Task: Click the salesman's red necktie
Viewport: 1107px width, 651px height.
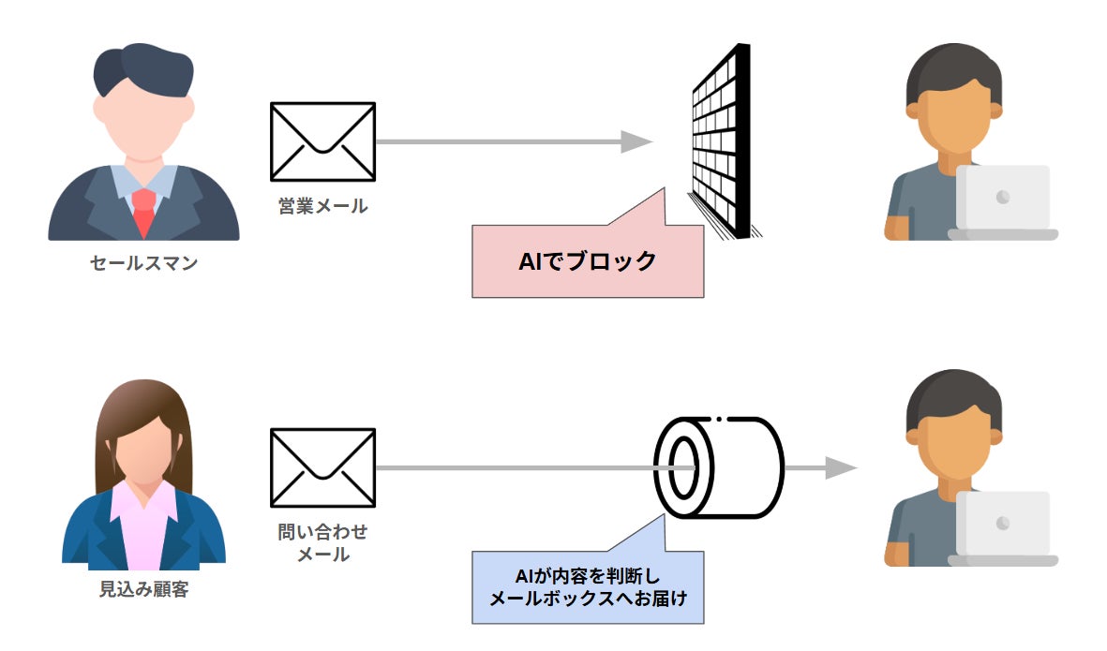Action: click(x=143, y=211)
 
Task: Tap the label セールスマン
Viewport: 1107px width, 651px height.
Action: click(x=143, y=264)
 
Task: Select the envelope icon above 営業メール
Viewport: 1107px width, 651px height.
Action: click(x=322, y=141)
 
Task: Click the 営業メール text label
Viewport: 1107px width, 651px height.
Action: click(x=322, y=206)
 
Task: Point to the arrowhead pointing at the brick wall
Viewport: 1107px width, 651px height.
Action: click(x=637, y=141)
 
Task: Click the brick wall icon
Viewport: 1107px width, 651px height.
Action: click(x=722, y=141)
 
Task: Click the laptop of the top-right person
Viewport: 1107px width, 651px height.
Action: click(x=1002, y=201)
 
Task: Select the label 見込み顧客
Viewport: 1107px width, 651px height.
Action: click(x=143, y=590)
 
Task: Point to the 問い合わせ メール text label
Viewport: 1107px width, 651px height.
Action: click(x=322, y=543)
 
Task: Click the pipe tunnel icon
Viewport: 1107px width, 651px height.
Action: click(x=720, y=466)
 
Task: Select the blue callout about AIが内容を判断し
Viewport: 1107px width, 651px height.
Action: click(x=588, y=587)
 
